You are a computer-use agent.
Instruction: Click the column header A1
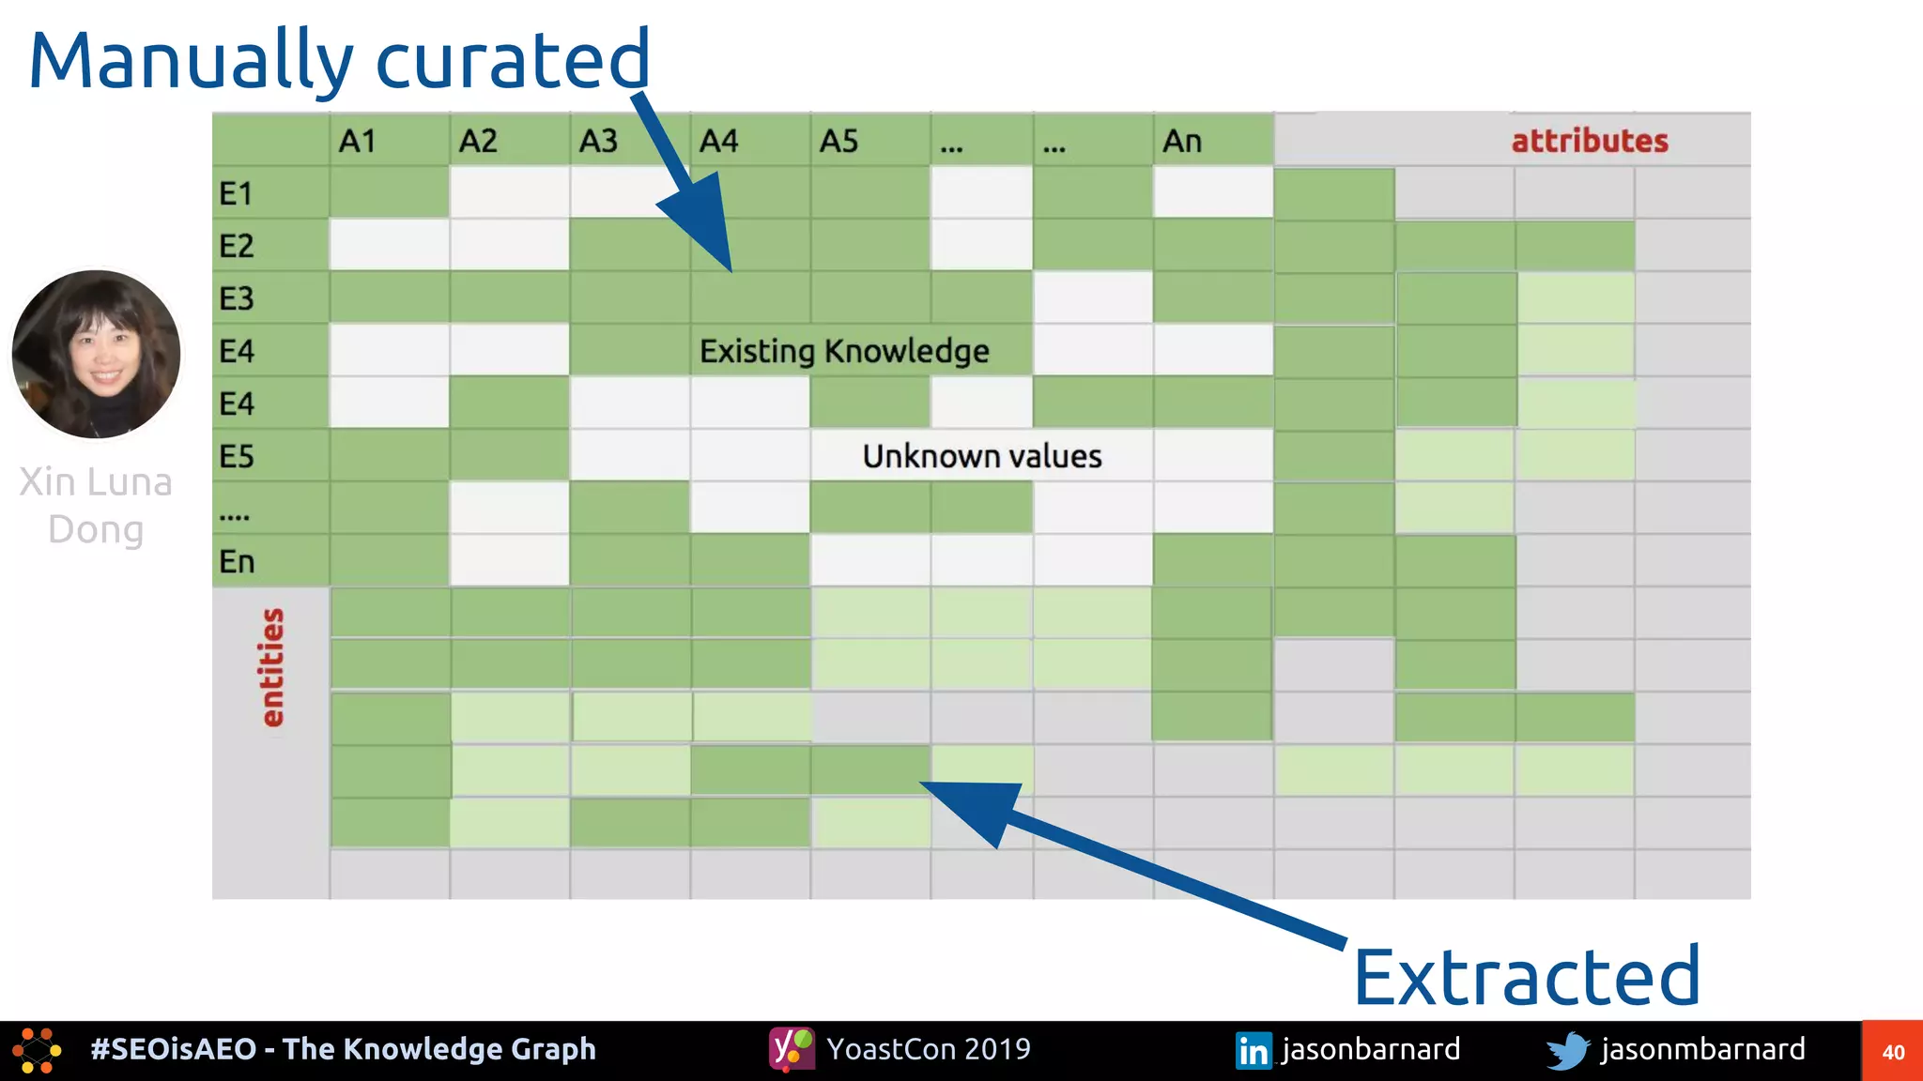coord(357,142)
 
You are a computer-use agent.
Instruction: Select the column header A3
coord(598,142)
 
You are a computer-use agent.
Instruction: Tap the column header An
coord(1181,142)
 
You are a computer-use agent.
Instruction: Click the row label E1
coord(236,194)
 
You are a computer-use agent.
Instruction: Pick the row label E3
coord(236,299)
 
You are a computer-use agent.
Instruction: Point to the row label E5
coord(236,457)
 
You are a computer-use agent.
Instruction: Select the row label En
coord(236,562)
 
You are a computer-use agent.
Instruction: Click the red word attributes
coord(1589,141)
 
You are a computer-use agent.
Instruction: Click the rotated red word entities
coord(271,667)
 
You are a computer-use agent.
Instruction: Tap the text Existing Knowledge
coord(843,351)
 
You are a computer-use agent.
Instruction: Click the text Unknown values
coord(981,457)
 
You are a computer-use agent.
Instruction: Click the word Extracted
coord(1526,977)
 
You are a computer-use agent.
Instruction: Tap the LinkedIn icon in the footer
coord(1253,1050)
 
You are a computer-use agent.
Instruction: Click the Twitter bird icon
coord(1567,1050)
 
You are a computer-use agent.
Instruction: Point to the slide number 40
coord(1893,1052)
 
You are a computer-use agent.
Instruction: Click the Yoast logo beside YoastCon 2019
coord(792,1049)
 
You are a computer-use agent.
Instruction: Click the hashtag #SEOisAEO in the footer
coord(173,1049)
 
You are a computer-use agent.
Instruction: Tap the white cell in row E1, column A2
coord(509,192)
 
